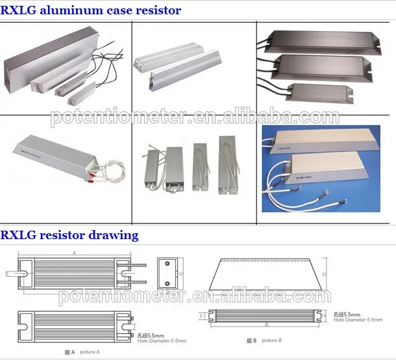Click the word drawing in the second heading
(114, 235)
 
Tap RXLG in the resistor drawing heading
(19, 235)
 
